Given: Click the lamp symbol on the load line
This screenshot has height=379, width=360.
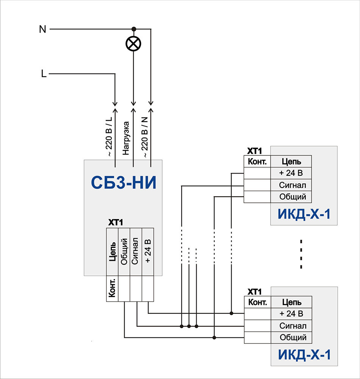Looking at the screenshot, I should point(133,44).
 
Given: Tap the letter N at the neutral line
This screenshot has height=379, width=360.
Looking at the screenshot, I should point(42,29).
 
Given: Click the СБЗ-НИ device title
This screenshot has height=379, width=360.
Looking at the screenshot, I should point(124,184).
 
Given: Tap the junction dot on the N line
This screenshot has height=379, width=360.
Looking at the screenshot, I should point(133,29).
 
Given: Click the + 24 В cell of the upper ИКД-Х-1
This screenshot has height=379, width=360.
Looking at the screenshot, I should point(291,173).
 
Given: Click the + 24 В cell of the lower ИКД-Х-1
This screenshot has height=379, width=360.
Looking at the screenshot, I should point(291,314).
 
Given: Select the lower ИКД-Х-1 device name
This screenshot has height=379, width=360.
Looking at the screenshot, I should point(304,355).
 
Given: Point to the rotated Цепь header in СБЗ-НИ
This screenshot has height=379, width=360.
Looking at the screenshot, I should point(112,252).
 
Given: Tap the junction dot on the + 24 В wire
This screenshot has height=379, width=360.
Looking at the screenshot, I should point(231,313).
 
